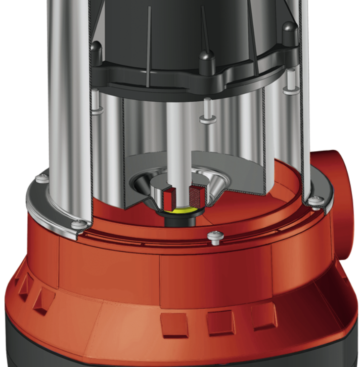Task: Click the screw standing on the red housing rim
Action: [x=216, y=237]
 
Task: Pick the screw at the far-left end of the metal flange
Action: [x=42, y=178]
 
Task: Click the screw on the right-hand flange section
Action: [x=317, y=200]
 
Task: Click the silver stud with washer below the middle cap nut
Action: [x=207, y=111]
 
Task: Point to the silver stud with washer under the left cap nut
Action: [x=97, y=104]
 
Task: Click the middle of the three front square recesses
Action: [x=221, y=323]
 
